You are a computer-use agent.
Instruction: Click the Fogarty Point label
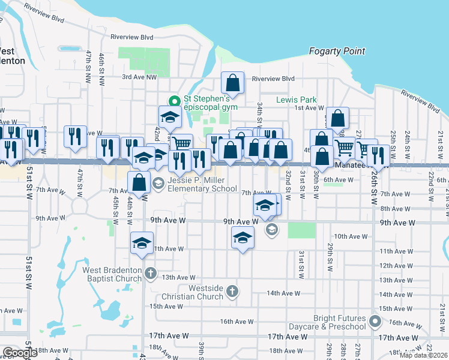click(x=337, y=52)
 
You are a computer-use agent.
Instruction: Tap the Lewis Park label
click(x=296, y=100)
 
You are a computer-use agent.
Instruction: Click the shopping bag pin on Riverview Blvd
click(x=232, y=83)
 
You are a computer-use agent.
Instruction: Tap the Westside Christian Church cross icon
click(x=232, y=292)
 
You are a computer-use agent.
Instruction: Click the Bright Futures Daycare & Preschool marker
click(x=376, y=322)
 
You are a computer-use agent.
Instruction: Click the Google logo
click(x=20, y=353)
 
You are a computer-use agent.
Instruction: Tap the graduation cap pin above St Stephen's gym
click(x=170, y=117)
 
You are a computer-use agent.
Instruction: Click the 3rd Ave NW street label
click(x=139, y=77)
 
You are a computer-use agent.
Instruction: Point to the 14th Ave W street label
click(x=283, y=293)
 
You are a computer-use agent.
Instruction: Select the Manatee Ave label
click(x=351, y=165)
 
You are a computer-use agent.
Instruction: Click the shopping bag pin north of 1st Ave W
click(x=338, y=119)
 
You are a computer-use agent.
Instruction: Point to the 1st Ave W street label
click(x=309, y=107)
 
